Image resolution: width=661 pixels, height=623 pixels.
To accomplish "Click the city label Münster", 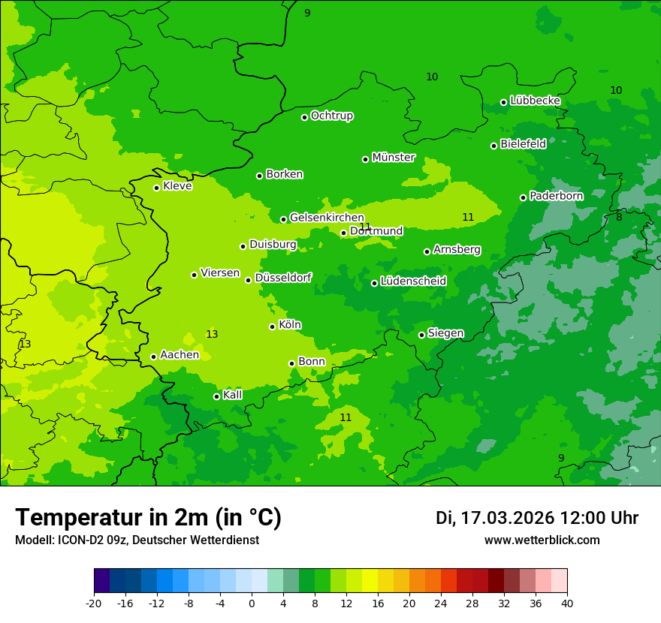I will (394, 158).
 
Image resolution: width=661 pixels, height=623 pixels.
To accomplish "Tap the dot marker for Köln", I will (272, 327).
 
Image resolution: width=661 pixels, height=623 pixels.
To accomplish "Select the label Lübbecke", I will (535, 101).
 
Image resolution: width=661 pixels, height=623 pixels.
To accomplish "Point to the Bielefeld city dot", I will (493, 146).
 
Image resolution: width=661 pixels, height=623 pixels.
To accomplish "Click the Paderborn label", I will (556, 196).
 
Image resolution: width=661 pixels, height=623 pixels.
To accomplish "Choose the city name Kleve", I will (177, 186).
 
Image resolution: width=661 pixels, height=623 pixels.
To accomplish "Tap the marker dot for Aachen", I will (153, 357).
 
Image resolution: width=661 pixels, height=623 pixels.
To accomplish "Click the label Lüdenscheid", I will (413, 281).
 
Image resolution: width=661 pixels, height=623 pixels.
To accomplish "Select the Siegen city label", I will (445, 333).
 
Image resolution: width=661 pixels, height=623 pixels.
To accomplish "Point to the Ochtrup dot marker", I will (304, 117).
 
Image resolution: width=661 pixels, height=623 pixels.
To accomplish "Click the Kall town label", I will (233, 395).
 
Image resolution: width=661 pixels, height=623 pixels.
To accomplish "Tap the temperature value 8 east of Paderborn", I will (619, 217).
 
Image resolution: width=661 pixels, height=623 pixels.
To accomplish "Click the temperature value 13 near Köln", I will (212, 334).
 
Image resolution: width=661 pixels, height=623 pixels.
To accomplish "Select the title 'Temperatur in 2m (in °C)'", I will (148, 517).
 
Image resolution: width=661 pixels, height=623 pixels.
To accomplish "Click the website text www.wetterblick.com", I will (542, 540).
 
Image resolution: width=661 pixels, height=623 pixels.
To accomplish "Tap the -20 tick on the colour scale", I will (94, 603).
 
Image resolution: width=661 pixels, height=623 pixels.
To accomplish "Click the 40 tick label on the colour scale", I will (566, 603).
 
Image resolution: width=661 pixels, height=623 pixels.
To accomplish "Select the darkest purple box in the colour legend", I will (101, 581).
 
